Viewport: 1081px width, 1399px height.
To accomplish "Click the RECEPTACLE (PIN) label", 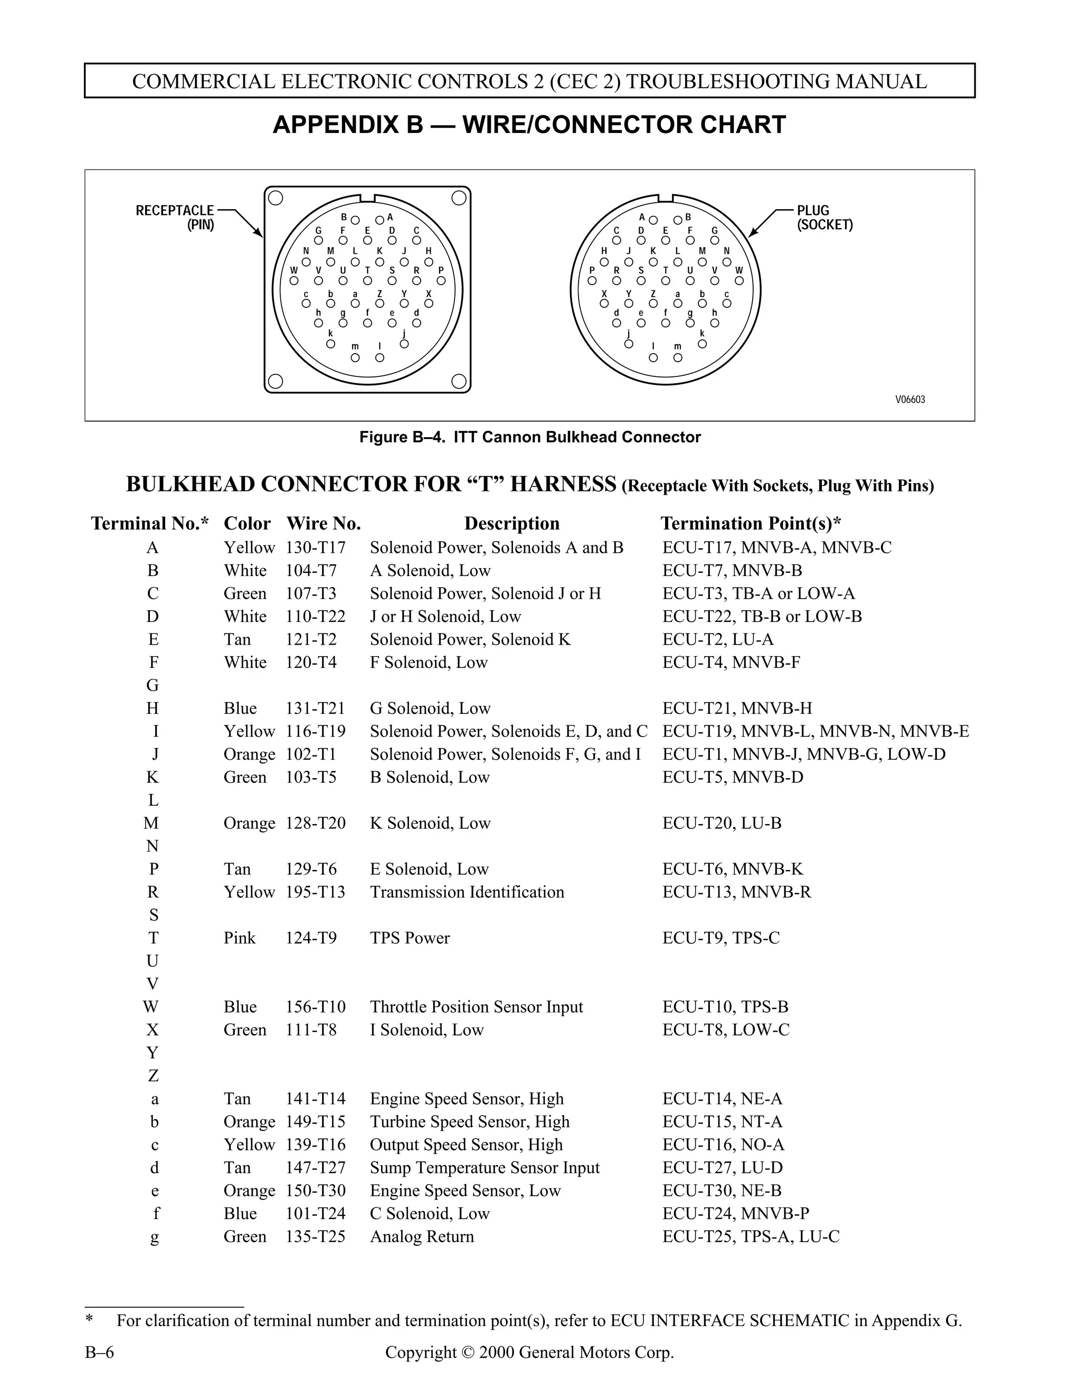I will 174,217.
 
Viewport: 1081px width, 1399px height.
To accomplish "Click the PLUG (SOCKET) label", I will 824,217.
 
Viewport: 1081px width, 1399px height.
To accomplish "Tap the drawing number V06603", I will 909,400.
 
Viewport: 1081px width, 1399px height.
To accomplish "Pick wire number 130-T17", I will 315,547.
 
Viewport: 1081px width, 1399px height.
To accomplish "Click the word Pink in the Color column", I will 240,938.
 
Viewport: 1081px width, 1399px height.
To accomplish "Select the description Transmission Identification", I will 467,892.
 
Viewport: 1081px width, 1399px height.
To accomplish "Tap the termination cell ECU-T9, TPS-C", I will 721,938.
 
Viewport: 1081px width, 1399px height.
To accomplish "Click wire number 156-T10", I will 315,1006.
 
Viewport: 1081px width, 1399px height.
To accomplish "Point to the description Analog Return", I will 422,1236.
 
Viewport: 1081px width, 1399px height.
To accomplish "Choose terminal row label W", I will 151,1006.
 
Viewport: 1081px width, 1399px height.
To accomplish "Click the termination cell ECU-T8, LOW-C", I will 726,1029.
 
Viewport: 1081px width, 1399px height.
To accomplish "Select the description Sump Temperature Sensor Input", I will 485,1167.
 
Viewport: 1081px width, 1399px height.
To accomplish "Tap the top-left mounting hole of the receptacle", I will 276,198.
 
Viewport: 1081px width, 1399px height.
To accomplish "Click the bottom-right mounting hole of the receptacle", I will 459,382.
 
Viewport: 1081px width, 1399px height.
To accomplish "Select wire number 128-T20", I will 315,823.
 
